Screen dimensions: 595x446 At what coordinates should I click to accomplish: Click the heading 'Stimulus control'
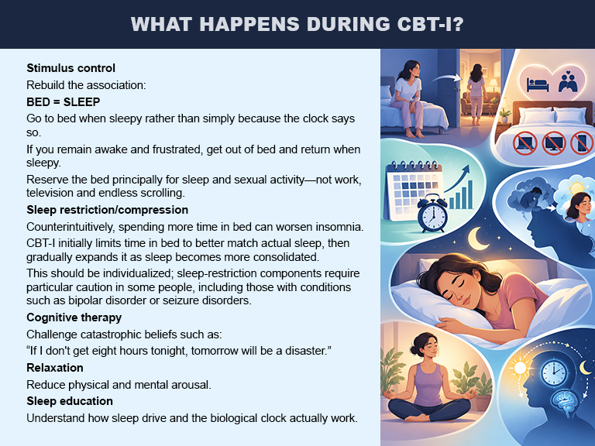click(x=71, y=68)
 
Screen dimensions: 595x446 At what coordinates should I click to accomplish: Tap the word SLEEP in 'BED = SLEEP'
click(x=81, y=102)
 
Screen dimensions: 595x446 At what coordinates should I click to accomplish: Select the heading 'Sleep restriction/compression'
click(x=108, y=210)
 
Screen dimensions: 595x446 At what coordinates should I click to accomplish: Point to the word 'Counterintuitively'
click(x=71, y=227)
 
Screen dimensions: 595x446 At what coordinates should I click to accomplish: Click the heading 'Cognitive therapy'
click(x=74, y=317)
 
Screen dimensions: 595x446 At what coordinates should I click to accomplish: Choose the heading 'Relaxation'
click(x=55, y=368)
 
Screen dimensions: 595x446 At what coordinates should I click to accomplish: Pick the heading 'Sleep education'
click(x=70, y=401)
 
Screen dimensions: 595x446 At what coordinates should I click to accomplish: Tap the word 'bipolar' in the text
click(x=86, y=300)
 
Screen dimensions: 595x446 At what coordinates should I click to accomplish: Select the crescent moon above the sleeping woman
click(x=478, y=238)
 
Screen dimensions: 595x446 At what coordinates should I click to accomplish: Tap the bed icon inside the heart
click(x=538, y=84)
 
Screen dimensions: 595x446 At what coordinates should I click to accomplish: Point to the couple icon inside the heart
click(x=568, y=81)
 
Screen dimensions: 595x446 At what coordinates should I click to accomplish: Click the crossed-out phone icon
click(x=582, y=143)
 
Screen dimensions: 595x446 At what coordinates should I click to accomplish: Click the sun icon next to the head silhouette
click(x=519, y=368)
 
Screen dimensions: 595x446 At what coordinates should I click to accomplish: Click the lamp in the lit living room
click(x=494, y=85)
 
